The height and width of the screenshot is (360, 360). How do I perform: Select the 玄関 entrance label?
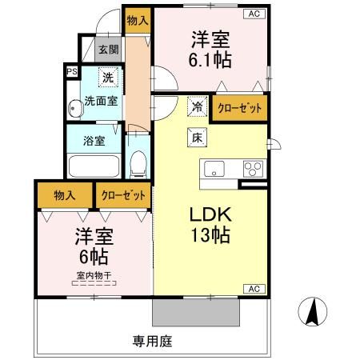(106, 49)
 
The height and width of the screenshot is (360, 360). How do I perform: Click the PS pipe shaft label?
(72, 72)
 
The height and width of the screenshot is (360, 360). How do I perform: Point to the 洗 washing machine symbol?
(107, 79)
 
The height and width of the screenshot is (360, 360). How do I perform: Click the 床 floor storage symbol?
(196, 137)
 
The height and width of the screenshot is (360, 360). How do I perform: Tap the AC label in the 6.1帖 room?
(253, 14)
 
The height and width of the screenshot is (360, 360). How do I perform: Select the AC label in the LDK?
(252, 288)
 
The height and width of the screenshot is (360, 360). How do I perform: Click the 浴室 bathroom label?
(94, 142)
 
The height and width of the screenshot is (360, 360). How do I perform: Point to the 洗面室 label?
(102, 102)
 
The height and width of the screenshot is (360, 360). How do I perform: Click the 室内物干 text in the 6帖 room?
(94, 274)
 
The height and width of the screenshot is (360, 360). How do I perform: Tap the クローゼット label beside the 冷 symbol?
(238, 110)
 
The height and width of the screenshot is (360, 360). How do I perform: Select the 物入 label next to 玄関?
(137, 19)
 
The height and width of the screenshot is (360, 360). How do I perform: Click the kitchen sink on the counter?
(216, 169)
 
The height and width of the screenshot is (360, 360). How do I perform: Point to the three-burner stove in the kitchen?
(254, 169)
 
